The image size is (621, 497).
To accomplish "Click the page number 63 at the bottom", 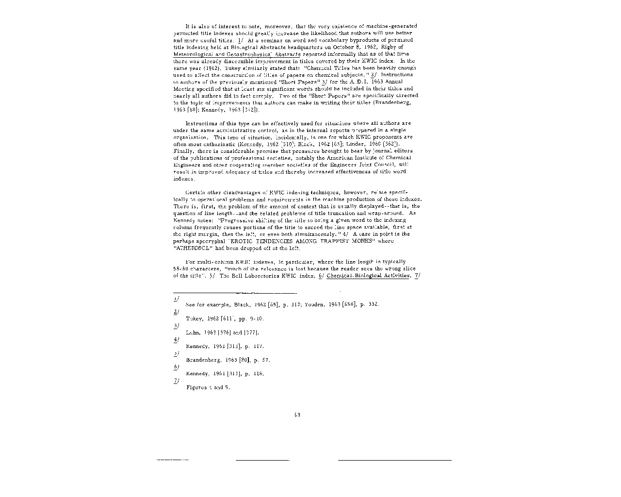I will tap(297, 414).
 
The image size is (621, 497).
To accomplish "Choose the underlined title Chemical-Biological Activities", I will tap(368, 276).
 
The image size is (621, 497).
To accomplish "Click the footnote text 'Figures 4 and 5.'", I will tap(208, 387).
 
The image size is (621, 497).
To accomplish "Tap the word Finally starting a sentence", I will tap(182, 151).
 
